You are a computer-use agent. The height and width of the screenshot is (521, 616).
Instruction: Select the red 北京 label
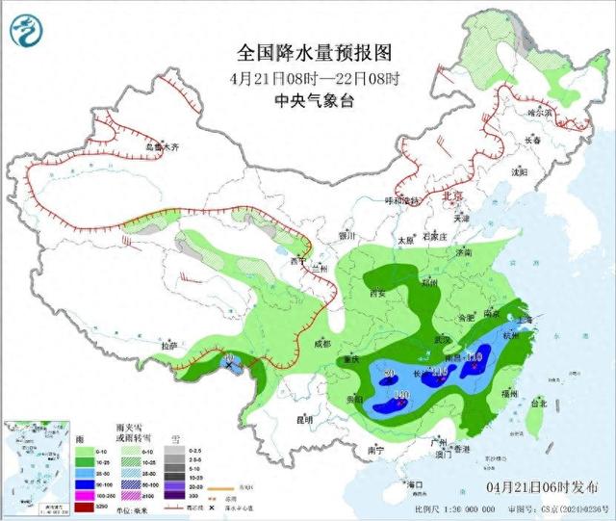pos(449,195)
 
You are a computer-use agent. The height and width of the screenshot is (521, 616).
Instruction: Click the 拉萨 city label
pos(170,345)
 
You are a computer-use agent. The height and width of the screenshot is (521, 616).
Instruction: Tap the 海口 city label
pos(415,482)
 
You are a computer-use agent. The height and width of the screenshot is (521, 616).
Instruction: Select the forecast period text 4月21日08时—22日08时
pos(315,76)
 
